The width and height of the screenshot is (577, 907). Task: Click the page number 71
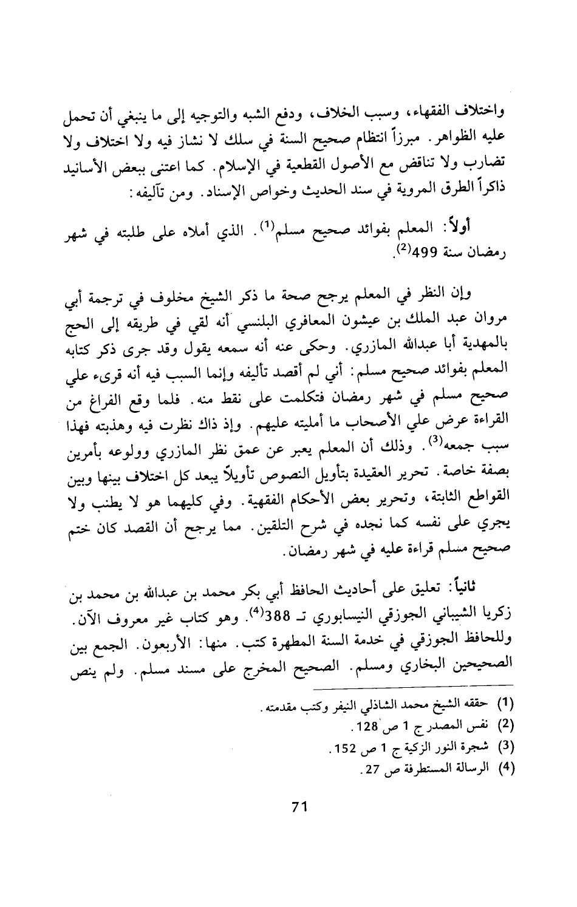point(298,807)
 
